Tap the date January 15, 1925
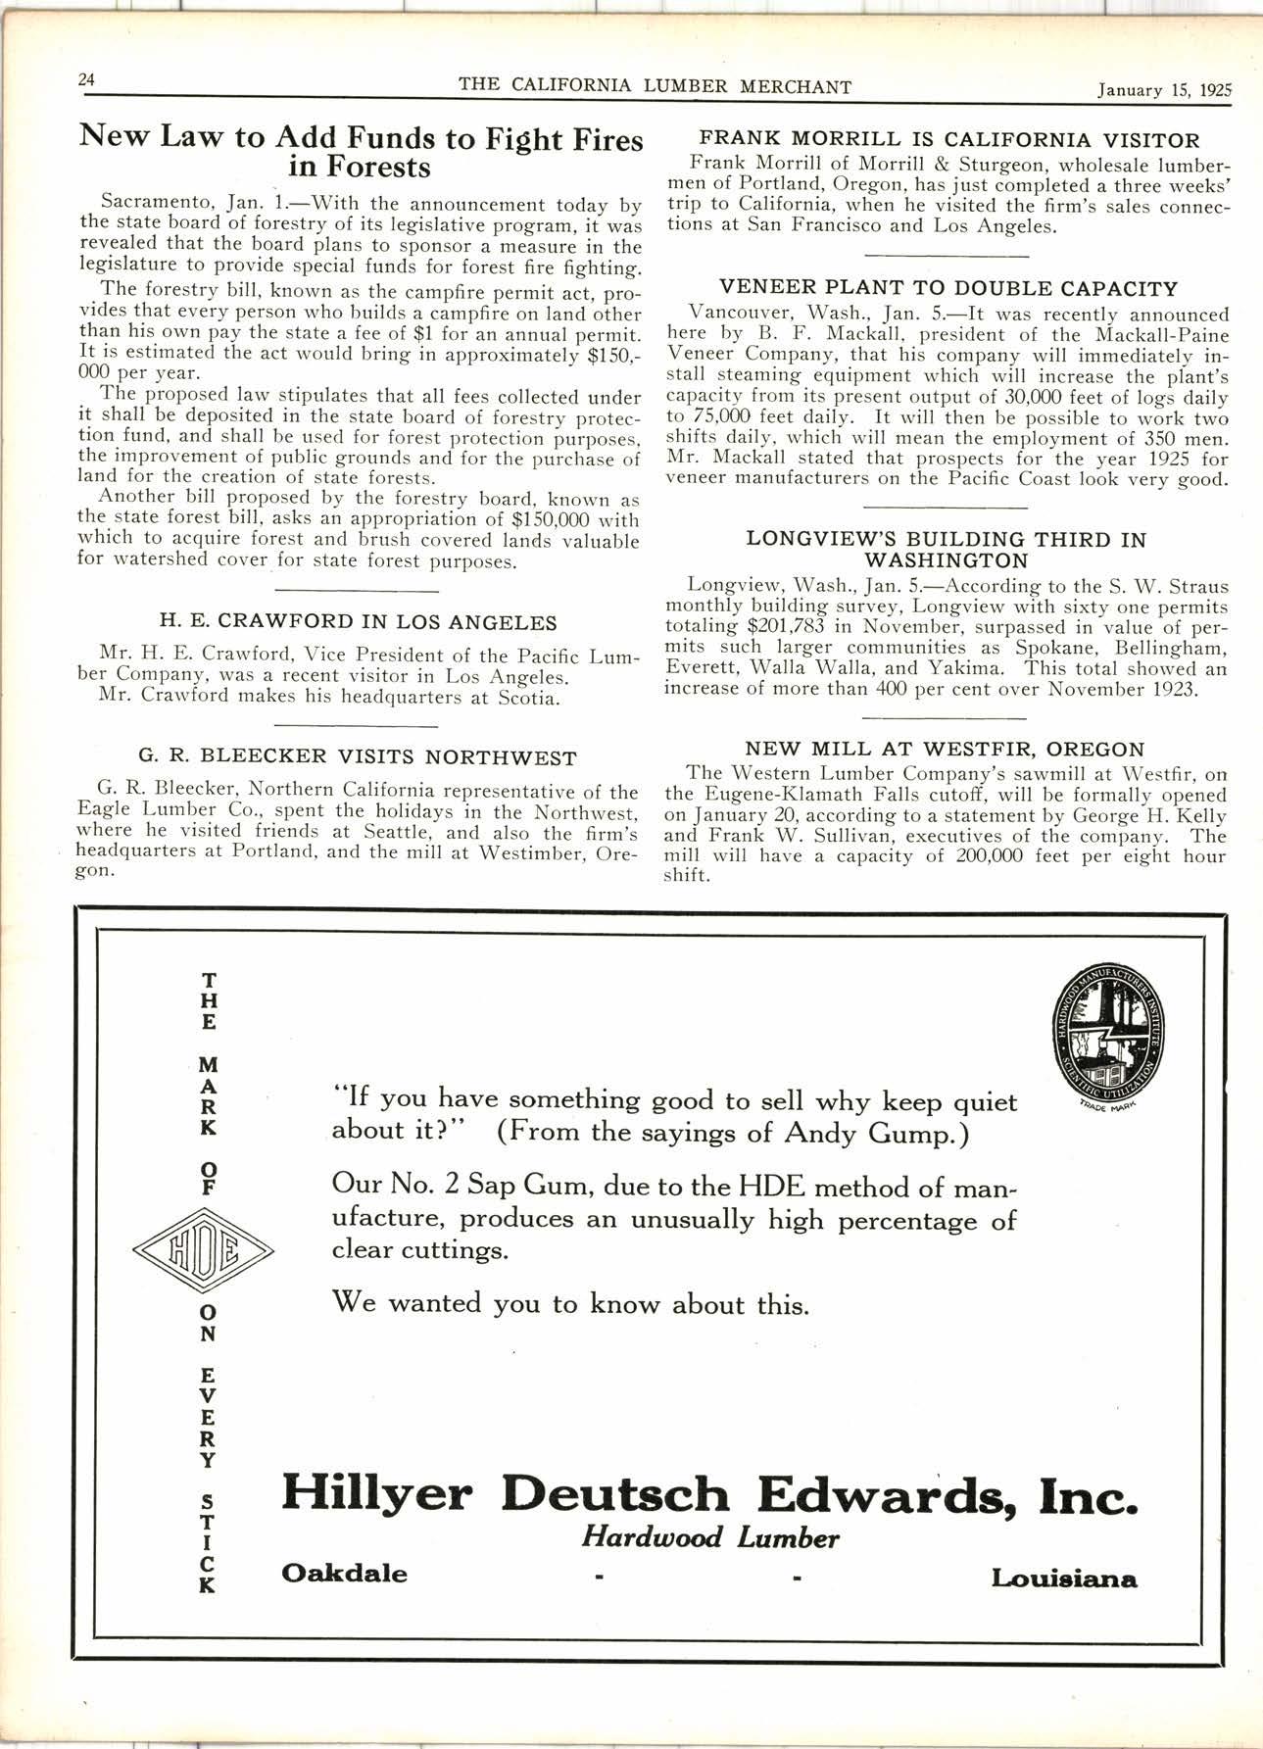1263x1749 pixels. click(1163, 90)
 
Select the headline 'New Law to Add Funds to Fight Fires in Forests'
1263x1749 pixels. click(361, 152)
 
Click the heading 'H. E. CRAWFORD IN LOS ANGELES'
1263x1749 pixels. click(358, 622)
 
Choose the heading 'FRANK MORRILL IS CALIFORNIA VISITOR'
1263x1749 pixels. click(947, 141)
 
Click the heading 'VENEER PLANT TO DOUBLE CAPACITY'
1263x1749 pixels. click(947, 289)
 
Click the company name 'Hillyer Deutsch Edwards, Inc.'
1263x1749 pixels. click(709, 1496)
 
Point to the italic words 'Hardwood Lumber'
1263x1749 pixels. click(709, 1538)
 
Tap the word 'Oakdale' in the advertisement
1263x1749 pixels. click(344, 1574)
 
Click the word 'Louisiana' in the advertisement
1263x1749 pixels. click(1064, 1579)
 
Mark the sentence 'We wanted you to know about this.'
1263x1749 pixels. click(571, 1303)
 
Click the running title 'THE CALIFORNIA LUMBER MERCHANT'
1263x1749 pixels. click(655, 86)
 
